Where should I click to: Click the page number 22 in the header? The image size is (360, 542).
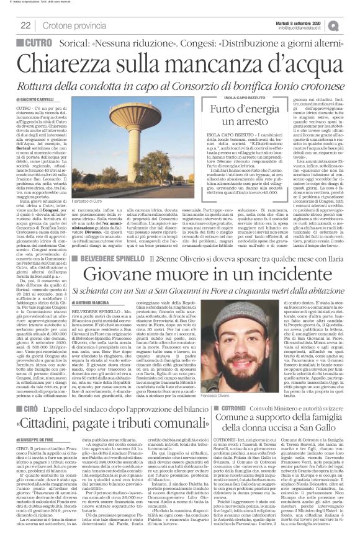pyautogui.click(x=26, y=25)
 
